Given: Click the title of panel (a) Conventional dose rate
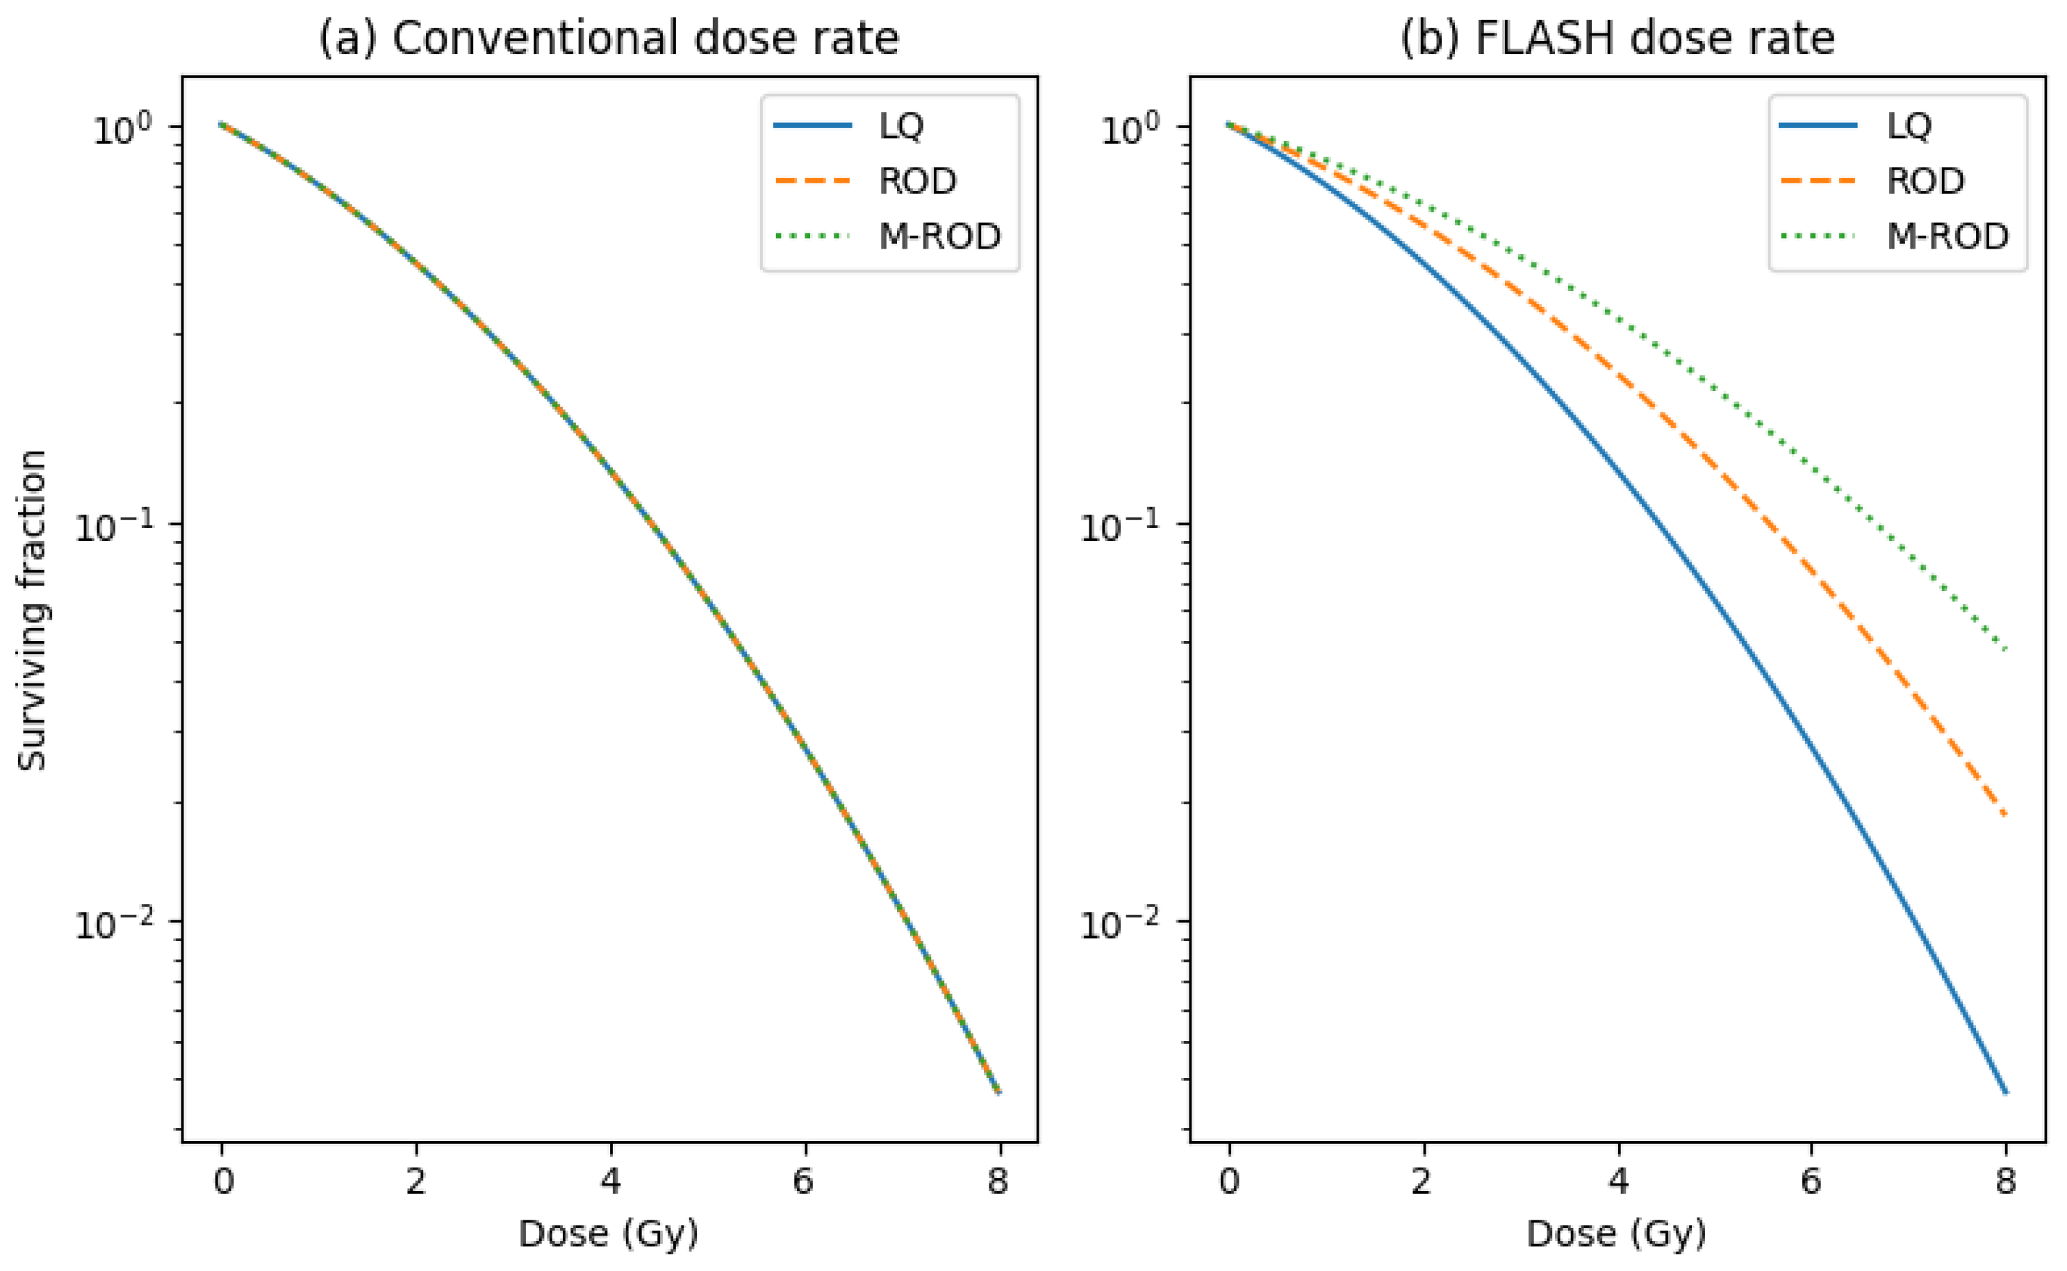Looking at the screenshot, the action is pyautogui.click(x=609, y=39).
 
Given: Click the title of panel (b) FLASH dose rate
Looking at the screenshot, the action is pyautogui.click(x=1617, y=39).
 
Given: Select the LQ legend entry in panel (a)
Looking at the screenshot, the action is pyautogui.click(x=849, y=126).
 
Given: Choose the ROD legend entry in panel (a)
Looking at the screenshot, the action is pyautogui.click(x=865, y=181).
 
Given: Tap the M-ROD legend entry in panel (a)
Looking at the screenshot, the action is pyautogui.click(x=887, y=236).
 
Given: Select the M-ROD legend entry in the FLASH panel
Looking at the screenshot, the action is pyautogui.click(x=1895, y=236).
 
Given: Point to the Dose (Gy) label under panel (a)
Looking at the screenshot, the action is pyautogui.click(x=609, y=1234).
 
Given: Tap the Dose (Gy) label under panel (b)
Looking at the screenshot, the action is pyautogui.click(x=1616, y=1234).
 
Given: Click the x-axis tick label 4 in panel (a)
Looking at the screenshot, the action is pyautogui.click(x=611, y=1181).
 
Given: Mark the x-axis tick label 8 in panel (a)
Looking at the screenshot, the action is pyautogui.click(x=998, y=1181).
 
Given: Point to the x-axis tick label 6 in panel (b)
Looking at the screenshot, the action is pyautogui.click(x=1811, y=1181).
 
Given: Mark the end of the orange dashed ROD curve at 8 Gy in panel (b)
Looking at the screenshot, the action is pyautogui.click(x=2006, y=814).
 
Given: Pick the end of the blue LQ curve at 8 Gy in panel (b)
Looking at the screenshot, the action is pyautogui.click(x=2006, y=1093).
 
